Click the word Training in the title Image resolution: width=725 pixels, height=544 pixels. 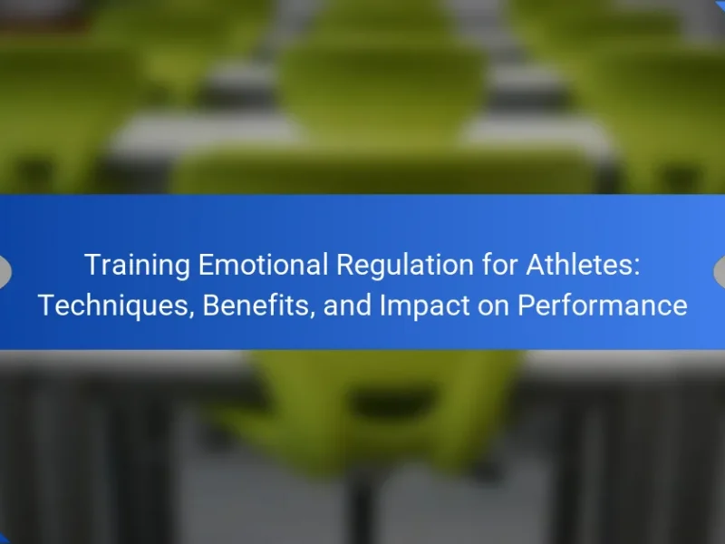[x=138, y=266]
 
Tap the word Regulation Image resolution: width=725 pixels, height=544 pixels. [x=405, y=266]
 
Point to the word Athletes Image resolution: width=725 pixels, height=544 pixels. [x=579, y=265]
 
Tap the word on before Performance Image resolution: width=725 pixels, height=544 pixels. [x=493, y=308]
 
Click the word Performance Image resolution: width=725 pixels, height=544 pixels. [x=603, y=306]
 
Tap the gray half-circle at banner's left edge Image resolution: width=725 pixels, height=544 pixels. [x=5, y=271]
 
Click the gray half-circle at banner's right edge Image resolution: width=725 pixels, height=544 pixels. [x=720, y=271]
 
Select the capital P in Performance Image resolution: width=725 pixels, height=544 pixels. [x=527, y=306]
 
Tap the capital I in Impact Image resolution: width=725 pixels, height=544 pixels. [x=382, y=306]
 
